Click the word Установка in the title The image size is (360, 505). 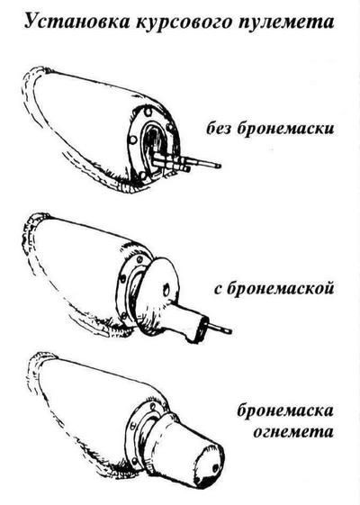point(76,22)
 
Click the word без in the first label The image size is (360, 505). point(220,128)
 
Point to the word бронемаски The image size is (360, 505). point(286,128)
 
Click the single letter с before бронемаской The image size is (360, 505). point(219,289)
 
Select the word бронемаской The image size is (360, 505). point(280,287)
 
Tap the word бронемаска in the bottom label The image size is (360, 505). point(285,410)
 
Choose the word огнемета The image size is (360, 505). point(293,431)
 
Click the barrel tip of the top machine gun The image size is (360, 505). point(219,166)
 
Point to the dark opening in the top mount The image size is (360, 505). point(155,140)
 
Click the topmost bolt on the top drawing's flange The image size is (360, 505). point(148,113)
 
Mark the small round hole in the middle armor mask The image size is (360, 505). point(166,290)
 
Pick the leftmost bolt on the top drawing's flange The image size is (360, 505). point(132,140)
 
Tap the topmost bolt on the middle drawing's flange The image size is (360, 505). point(139,259)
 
